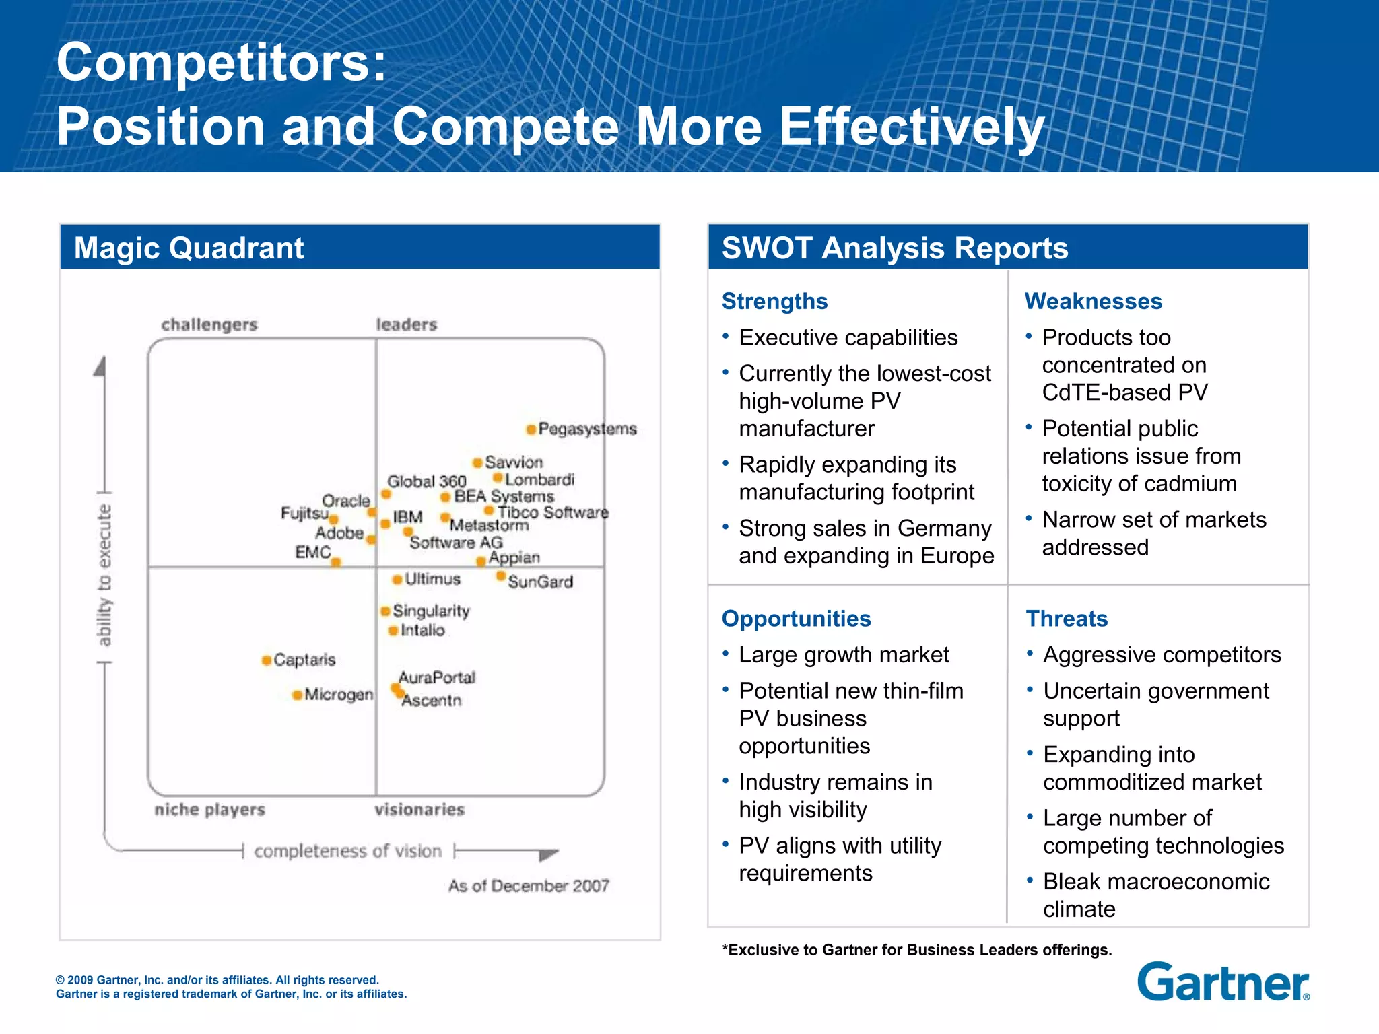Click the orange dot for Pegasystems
click(531, 429)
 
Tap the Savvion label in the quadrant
click(514, 462)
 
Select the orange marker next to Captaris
click(267, 660)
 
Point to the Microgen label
click(339, 694)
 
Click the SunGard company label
click(540, 582)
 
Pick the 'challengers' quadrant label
click(209, 324)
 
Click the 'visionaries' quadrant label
click(419, 809)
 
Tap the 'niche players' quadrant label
click(209, 809)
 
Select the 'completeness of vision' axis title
click(347, 851)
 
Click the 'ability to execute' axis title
click(104, 576)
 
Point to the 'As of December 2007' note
click(529, 886)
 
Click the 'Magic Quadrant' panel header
click(189, 248)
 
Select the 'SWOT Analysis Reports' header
click(894, 248)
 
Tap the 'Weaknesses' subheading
click(1093, 301)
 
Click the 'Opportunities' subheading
click(796, 619)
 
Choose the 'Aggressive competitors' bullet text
click(1162, 654)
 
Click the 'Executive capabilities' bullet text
click(848, 337)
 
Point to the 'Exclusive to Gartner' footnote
click(916, 950)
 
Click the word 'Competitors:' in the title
click(222, 62)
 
